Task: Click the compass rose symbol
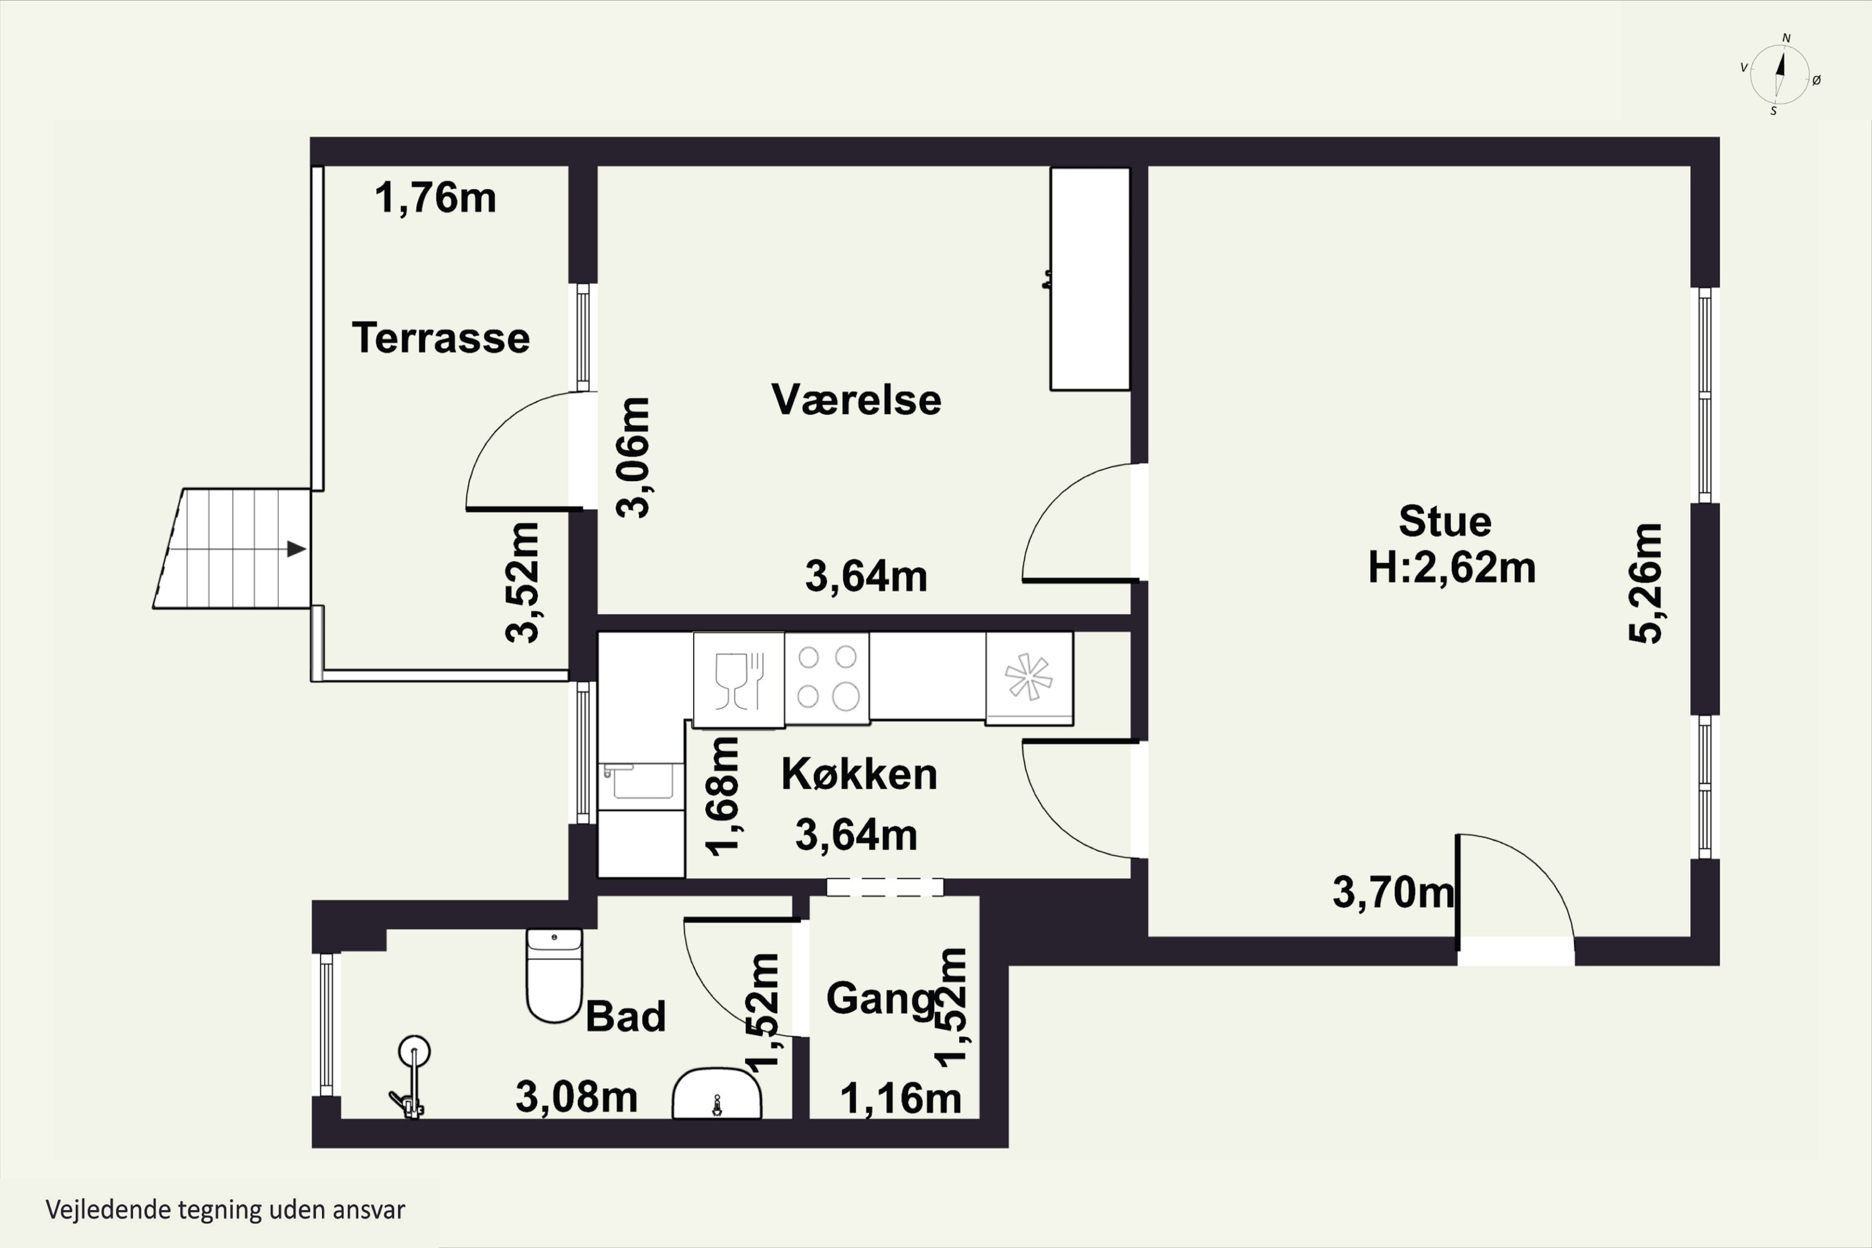1780,75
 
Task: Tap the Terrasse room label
441,338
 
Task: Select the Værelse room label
856,399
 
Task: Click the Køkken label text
859,774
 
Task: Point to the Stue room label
1445,521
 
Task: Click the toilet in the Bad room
554,974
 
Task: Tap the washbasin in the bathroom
716,1095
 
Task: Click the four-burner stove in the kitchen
827,678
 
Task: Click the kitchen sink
641,782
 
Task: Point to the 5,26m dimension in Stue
1645,583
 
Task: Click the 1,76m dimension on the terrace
436,197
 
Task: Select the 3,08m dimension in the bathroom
576,1097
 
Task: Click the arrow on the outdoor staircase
296,549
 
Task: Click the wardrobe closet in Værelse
1090,278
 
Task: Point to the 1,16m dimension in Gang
900,1098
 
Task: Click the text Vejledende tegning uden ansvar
225,1210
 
